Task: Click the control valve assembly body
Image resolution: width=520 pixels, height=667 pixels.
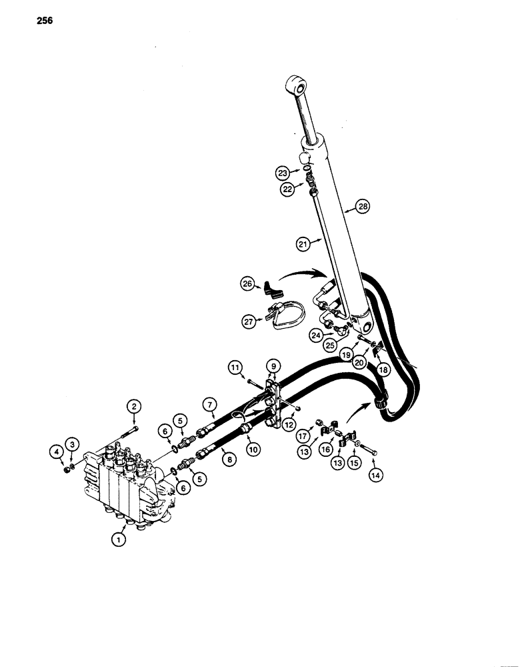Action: [x=127, y=484]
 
